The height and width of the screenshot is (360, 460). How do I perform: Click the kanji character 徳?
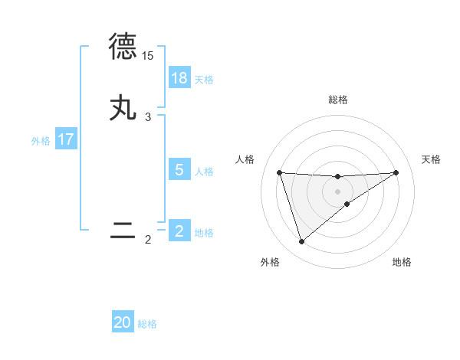123,47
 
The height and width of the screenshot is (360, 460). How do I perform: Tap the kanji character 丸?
123,108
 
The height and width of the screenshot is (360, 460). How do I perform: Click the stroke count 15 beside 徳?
147,56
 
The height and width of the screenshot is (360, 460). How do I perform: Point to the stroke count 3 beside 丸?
148,117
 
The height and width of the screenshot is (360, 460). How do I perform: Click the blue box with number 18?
179,78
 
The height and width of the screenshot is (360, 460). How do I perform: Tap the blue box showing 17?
65,139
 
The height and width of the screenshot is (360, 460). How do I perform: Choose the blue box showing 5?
179,170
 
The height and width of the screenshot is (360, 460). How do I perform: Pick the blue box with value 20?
123,323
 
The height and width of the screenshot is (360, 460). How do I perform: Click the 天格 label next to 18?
204,80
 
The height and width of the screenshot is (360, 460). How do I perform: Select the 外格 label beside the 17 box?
41,141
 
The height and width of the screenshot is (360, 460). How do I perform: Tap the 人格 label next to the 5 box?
204,172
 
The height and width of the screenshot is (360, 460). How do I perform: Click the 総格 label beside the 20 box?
147,325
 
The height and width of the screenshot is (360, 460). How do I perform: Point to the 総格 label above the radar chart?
337,100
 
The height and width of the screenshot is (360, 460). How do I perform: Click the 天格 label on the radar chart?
431,159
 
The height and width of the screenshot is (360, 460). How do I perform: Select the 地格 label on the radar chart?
402,262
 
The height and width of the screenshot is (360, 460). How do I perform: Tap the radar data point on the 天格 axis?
396,172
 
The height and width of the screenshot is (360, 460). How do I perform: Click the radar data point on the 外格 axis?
301,241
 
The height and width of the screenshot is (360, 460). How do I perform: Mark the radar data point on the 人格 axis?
279,172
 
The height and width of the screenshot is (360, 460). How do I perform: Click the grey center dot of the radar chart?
337,191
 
